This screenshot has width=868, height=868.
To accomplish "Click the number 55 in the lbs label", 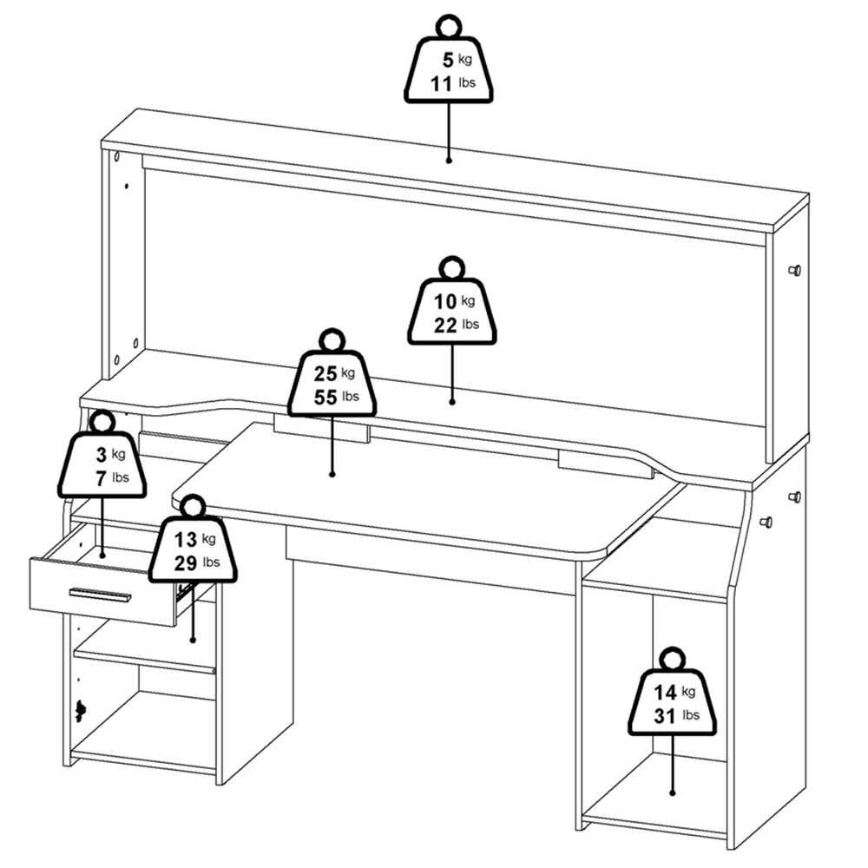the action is coord(325,397).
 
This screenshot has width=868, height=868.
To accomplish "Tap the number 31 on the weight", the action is coord(665,716).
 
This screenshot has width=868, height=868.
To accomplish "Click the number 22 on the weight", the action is coord(445,325).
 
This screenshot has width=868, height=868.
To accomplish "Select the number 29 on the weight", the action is coord(186,563).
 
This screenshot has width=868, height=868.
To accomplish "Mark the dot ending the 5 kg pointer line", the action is coord(449,160).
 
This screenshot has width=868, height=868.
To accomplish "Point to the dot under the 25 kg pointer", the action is coord(332,474).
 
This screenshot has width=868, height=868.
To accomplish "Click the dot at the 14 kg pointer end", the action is coord(673,792).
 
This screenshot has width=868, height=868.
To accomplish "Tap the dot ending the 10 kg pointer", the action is coord(452,402).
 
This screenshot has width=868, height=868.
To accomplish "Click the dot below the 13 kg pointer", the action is coord(193,640).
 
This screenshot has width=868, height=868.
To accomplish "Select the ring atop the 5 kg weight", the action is coord(449,26).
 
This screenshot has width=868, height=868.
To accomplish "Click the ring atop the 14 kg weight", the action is coord(672,659).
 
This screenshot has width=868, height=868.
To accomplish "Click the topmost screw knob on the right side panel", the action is coord(794,270).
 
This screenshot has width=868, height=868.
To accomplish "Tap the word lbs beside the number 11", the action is coord(467,83).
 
